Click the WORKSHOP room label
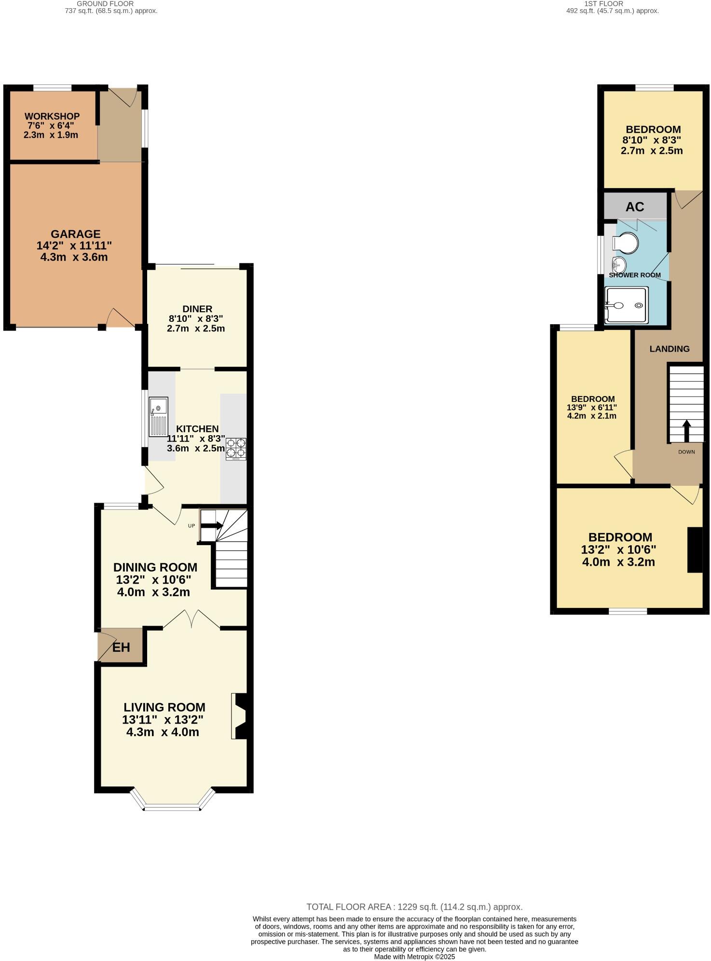coord(52,116)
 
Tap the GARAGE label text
coord(76,234)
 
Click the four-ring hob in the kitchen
coord(236,449)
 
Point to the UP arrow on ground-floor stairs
coord(212,526)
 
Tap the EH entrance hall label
coord(121,647)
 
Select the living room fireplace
coord(241,716)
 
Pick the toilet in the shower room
coord(627,242)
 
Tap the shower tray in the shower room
coord(626,305)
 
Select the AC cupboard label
coord(635,207)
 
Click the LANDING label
coord(669,349)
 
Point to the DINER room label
coord(197,309)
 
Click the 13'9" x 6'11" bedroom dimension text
coord(592,407)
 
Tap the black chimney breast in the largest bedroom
coord(695,550)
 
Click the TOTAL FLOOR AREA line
coord(414,907)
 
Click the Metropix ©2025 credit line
coord(414,957)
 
